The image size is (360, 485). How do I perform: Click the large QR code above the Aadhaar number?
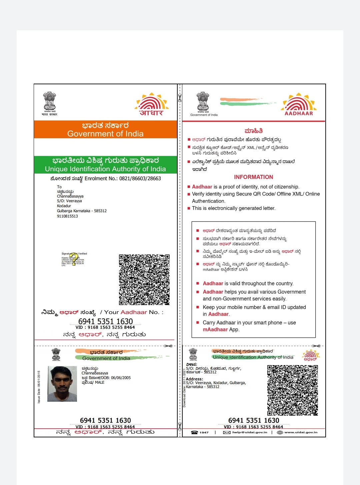(144, 279)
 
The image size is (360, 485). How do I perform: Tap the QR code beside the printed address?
(292, 390)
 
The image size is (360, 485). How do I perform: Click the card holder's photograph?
(62, 384)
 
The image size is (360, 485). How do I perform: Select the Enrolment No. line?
(105, 179)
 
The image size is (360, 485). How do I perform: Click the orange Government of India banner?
(105, 130)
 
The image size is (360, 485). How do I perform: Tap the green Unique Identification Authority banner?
(105, 165)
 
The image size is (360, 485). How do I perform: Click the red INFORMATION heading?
(253, 177)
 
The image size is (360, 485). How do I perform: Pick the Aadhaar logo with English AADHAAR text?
(299, 104)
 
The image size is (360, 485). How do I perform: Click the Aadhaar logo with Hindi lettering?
(151, 104)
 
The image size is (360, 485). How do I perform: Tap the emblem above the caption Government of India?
(203, 102)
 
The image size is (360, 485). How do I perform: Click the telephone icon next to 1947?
(194, 432)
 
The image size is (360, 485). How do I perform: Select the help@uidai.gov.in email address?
(250, 432)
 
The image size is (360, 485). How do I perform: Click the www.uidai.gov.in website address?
(301, 432)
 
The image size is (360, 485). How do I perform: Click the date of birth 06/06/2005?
(121, 378)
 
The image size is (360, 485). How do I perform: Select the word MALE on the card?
(100, 382)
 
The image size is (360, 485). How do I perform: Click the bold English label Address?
(194, 379)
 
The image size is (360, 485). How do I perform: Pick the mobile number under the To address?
(67, 216)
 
